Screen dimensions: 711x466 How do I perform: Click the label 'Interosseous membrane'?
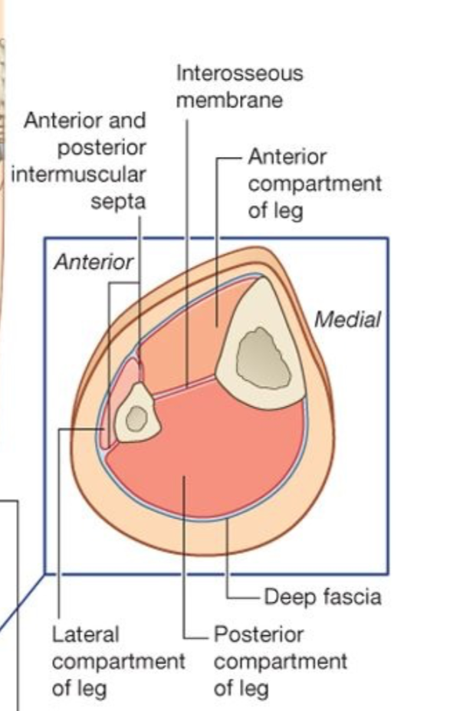(239, 87)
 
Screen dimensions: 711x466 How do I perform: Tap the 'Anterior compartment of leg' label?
(314, 184)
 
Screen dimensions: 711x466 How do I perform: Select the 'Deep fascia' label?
(322, 596)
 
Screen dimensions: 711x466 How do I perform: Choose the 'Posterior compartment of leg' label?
(280, 660)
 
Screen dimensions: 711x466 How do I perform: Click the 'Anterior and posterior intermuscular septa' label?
(84, 161)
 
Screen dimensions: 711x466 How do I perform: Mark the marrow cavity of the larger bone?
(263, 358)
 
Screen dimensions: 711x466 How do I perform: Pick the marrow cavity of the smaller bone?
(137, 418)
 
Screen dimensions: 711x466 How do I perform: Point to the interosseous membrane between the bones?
(188, 386)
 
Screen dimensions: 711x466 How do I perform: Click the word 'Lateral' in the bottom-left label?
(86, 634)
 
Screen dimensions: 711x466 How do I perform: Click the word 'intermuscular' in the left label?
(78, 174)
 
